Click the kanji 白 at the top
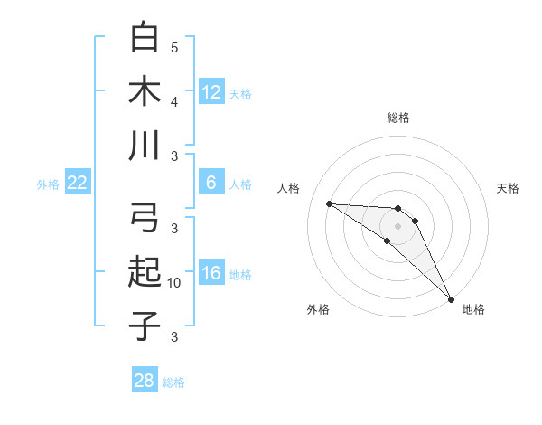tap(145, 38)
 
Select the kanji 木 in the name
tap(145, 91)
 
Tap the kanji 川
tap(145, 145)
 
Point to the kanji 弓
tap(145, 218)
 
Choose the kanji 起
tap(145, 271)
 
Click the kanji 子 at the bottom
tap(145, 325)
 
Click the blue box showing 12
tap(210, 91)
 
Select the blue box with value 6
tap(210, 183)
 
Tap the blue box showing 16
tap(210, 274)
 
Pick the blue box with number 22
tap(78, 183)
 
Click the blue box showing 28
tap(145, 381)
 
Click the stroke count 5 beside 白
tap(174, 47)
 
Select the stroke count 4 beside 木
tap(174, 101)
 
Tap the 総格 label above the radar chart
tap(397, 118)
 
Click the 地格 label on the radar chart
tap(473, 309)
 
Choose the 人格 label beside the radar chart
tap(289, 188)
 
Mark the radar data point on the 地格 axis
tap(451, 298)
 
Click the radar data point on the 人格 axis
tap(329, 203)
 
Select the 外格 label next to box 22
tap(48, 184)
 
